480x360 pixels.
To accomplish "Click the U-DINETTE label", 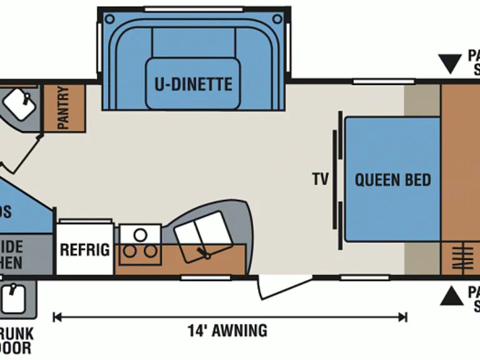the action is (x=193, y=84).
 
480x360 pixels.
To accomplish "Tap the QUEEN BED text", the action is (x=392, y=180).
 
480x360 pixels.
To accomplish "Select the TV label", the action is (x=321, y=180).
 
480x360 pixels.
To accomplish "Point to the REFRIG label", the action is (x=85, y=250).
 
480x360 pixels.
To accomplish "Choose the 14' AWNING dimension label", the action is (x=227, y=330).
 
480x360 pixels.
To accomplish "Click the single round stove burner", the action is (x=141, y=235).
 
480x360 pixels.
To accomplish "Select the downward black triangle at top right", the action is (x=449, y=64).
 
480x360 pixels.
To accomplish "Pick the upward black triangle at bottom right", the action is (x=451, y=296).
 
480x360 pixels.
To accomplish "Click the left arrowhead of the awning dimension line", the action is (x=56, y=317).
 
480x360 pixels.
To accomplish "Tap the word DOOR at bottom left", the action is (x=15, y=347).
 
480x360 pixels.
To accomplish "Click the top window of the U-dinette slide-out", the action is (x=193, y=9).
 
